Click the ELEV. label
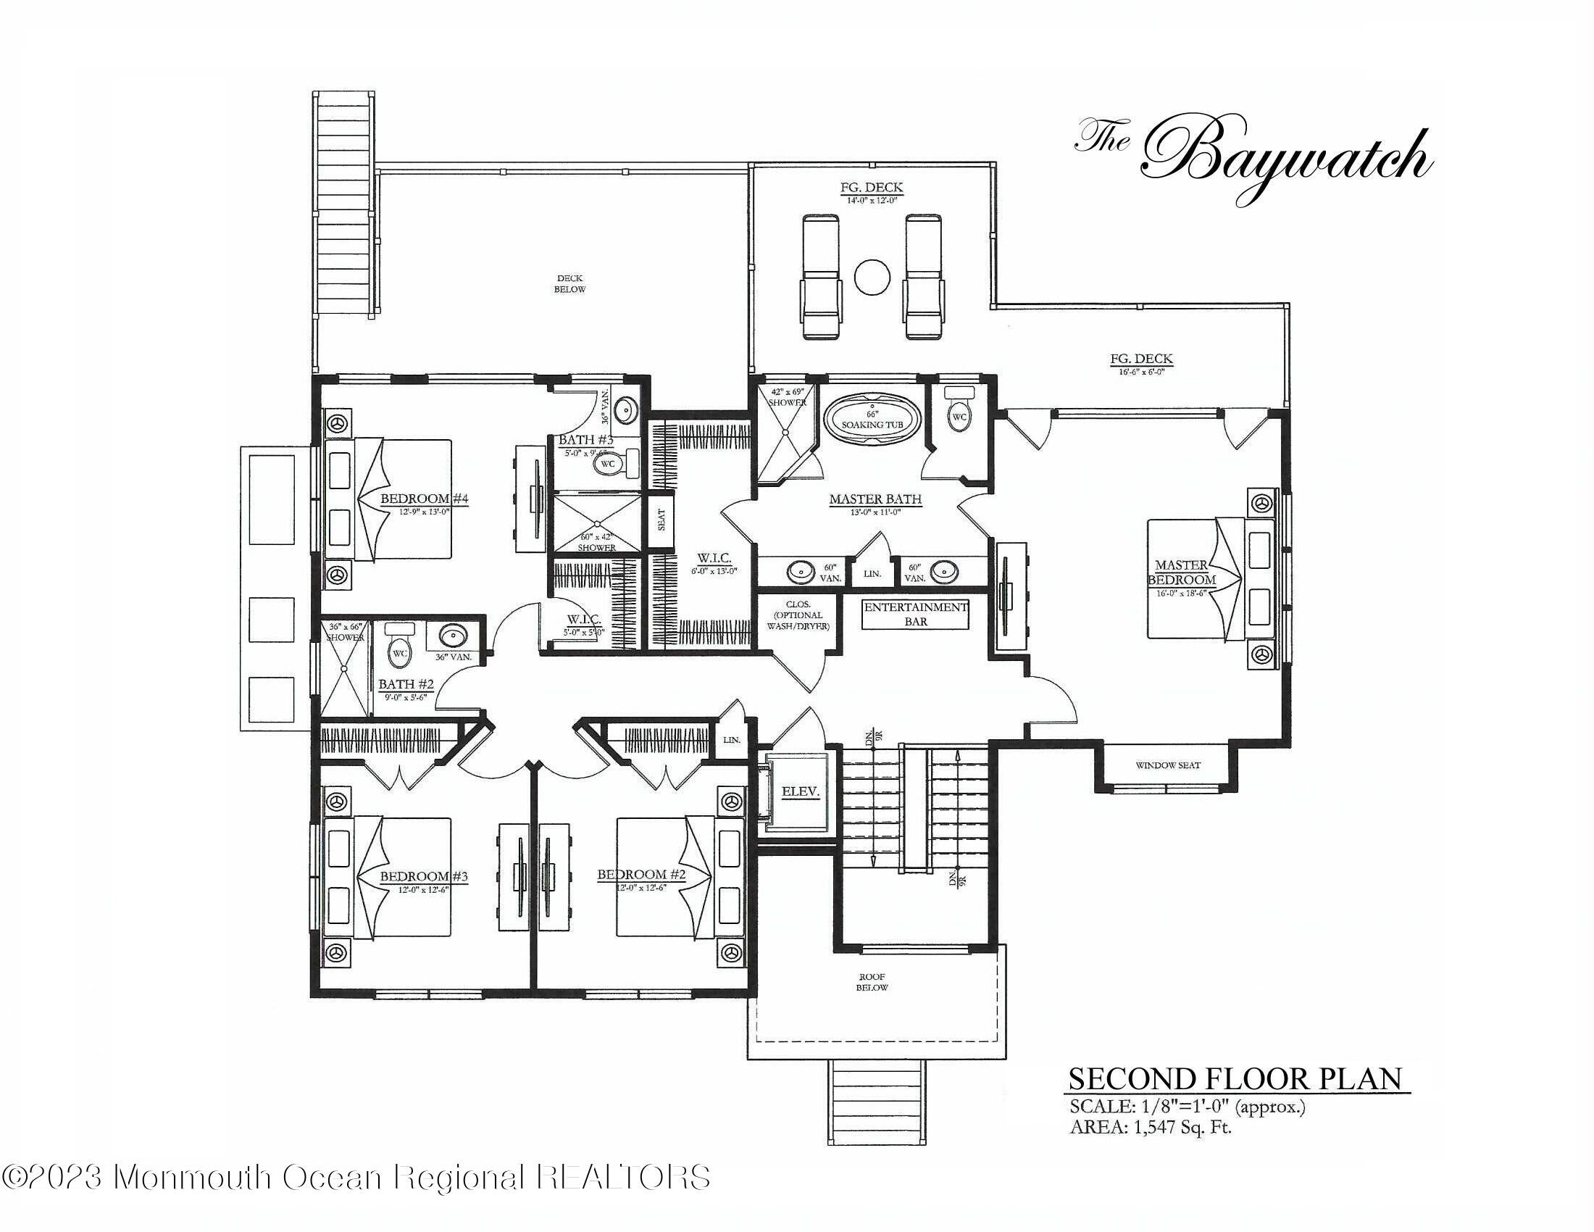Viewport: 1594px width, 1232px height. pos(801,791)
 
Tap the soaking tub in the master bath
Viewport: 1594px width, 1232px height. pos(872,418)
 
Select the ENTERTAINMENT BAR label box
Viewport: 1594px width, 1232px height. pos(915,614)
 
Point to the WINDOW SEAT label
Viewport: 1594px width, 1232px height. pos(1168,765)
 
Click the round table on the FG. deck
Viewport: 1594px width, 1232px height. pos(872,277)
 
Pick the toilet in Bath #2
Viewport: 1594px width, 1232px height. pos(399,645)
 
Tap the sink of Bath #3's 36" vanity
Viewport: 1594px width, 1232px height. pos(625,412)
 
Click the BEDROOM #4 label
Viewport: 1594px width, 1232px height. pos(423,500)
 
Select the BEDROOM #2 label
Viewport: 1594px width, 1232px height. pos(641,875)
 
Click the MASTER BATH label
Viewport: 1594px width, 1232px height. pos(875,501)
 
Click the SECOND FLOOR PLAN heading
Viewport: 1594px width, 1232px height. pos(1235,1079)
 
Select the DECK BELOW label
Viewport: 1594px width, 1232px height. pos(569,283)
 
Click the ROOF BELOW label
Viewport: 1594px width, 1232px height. pos(872,982)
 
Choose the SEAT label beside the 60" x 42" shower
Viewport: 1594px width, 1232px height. pos(662,520)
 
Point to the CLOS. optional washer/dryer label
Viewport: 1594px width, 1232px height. pos(798,615)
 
